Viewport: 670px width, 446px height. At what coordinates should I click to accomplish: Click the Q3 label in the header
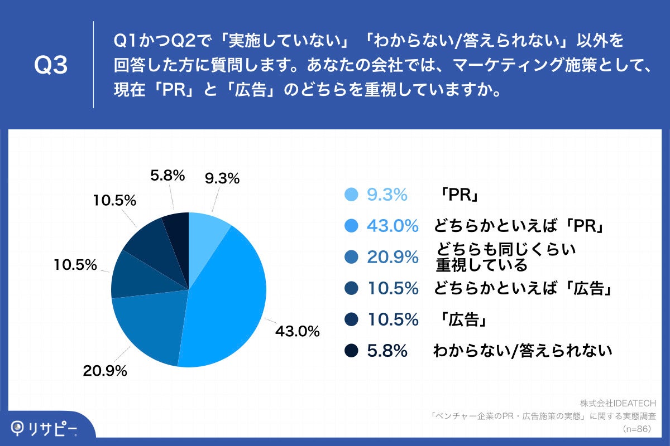[51, 65]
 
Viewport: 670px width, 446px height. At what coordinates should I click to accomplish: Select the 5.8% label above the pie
[167, 176]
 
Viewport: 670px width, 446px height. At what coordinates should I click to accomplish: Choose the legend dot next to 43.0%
[351, 226]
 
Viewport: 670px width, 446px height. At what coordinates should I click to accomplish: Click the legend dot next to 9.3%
[351, 195]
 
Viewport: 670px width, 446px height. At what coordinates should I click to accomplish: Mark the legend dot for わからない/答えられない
[351, 351]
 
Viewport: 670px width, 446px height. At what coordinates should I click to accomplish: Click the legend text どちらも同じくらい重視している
[505, 257]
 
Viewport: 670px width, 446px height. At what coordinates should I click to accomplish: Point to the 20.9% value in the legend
[393, 257]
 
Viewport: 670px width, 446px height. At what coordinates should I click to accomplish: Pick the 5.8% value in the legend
[387, 351]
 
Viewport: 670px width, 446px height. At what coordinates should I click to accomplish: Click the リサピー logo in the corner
[45, 428]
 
